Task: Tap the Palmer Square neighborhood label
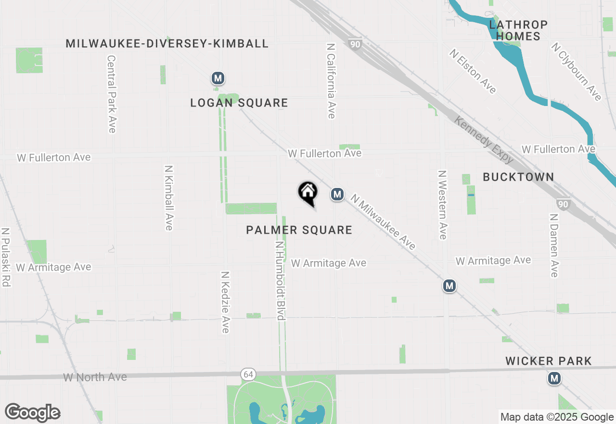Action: click(299, 230)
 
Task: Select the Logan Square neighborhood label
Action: click(239, 103)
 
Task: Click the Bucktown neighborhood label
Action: click(518, 177)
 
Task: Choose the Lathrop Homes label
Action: click(518, 30)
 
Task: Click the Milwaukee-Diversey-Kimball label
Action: click(167, 44)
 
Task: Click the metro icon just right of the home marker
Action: click(337, 194)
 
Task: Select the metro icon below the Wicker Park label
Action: click(554, 378)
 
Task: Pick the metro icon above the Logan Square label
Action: click(218, 78)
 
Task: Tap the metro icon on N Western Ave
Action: click(449, 286)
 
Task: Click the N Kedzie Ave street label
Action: click(225, 302)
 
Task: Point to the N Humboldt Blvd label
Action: click(280, 281)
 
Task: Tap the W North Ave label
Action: click(95, 377)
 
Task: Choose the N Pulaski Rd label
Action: click(6, 257)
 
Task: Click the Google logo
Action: click(32, 413)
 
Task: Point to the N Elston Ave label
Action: click(473, 71)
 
